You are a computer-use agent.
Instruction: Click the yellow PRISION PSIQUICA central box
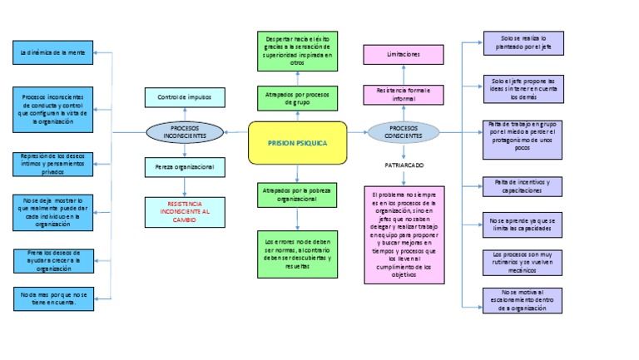point(297,143)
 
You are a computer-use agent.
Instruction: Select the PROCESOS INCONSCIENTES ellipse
point(184,131)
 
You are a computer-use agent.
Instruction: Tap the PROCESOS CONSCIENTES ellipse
point(404,131)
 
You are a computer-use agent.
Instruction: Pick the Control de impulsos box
point(184,97)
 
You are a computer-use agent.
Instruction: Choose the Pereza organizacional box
point(184,168)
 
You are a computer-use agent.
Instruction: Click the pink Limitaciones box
point(404,54)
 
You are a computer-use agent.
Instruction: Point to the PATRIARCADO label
point(404,166)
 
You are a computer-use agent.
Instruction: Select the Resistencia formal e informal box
point(404,94)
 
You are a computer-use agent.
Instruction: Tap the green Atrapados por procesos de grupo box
point(297,98)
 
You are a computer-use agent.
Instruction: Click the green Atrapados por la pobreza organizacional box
point(297,195)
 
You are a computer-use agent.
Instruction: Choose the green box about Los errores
point(297,254)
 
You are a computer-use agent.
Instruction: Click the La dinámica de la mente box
point(53,52)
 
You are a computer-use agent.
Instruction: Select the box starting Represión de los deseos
point(53,164)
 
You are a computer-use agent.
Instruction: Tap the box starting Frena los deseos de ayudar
point(53,259)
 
